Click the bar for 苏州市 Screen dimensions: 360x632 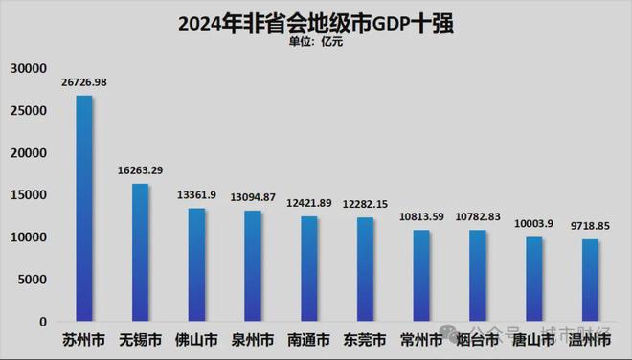84,209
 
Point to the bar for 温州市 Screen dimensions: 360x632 590,281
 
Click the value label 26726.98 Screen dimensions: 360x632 84,83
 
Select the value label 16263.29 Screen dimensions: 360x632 140,170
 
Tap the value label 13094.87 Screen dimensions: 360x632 253,198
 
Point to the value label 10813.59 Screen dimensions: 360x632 421,217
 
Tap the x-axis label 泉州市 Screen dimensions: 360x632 253,340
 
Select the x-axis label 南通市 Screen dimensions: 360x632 308,340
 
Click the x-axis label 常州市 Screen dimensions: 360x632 421,340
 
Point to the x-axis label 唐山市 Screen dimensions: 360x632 533,340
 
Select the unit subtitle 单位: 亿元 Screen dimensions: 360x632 315,43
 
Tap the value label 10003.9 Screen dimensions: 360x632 533,223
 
